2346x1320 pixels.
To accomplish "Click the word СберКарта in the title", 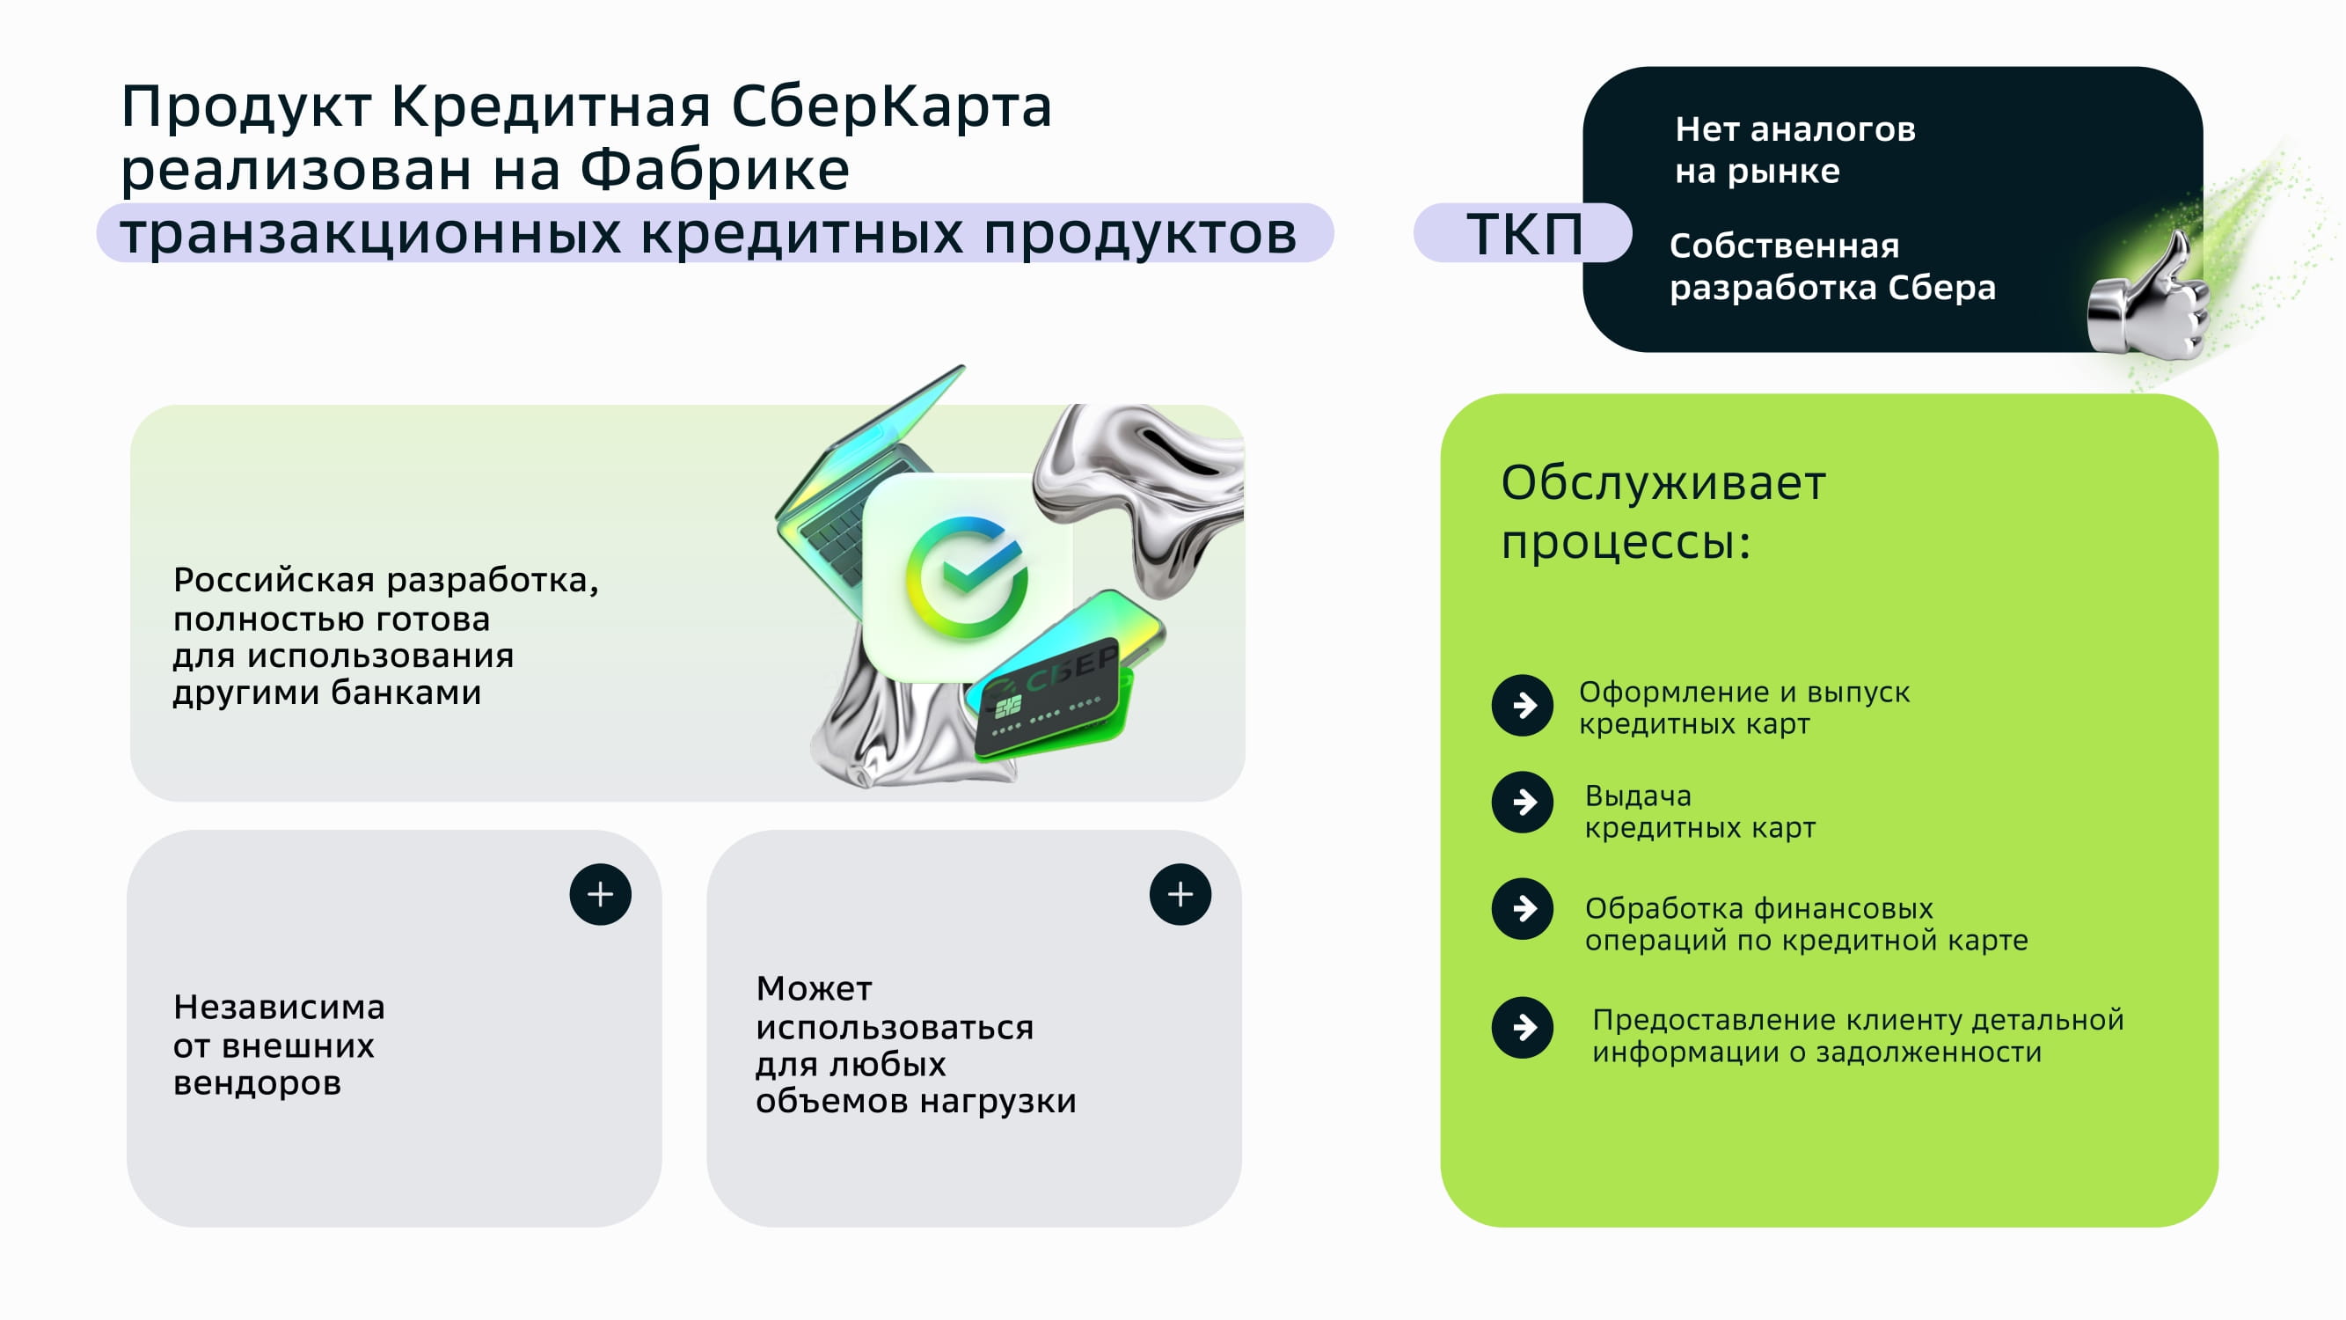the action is pos(892,106).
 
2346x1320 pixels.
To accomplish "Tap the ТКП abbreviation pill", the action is pos(1523,233).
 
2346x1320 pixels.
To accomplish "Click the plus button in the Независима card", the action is pos(600,895).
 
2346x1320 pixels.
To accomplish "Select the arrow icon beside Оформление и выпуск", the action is pos(1523,705).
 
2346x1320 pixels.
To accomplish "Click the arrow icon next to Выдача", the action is pos(1523,803).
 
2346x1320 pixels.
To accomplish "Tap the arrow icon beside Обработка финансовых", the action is pos(1523,908).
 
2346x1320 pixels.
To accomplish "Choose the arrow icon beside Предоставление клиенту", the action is pos(1523,1028).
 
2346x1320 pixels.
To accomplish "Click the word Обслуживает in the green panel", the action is pos(1663,485).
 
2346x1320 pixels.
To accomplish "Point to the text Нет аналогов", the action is pos(1795,129).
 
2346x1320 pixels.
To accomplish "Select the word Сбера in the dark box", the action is pos(1941,288).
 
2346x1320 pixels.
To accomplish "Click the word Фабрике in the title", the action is pos(715,171).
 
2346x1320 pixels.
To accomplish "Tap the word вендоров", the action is pos(257,1083).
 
